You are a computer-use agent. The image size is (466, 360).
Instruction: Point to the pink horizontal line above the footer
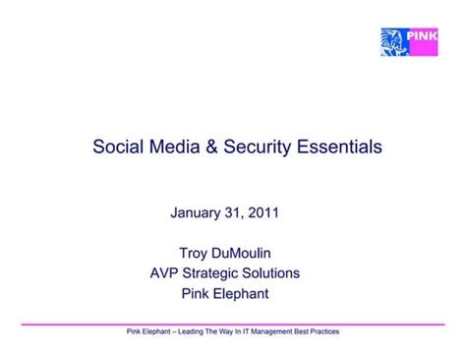tap(233, 323)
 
